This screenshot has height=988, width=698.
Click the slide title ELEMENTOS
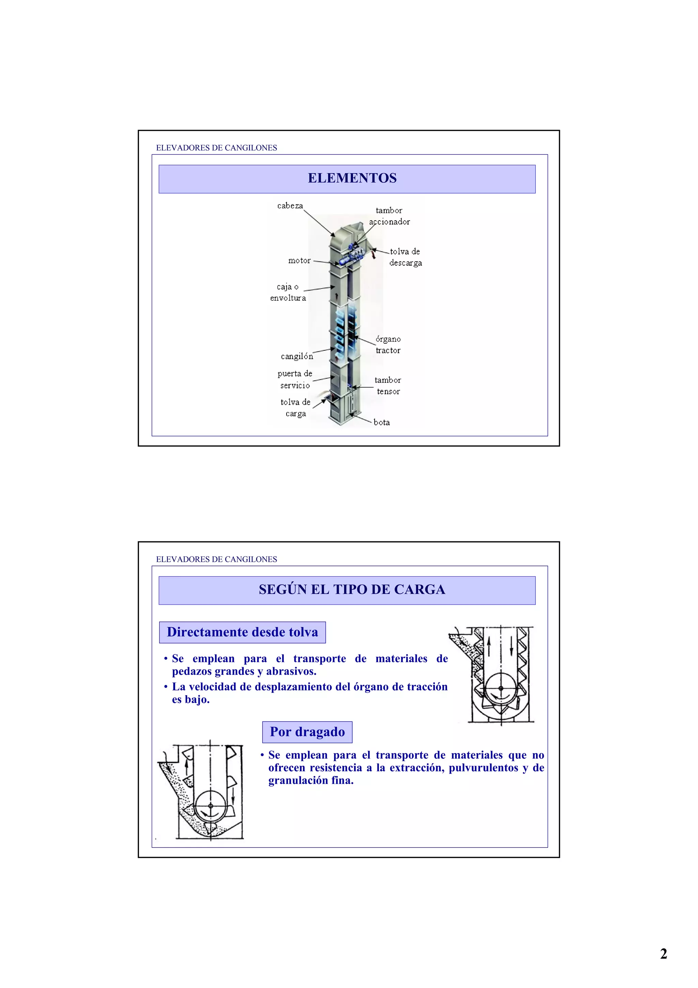[x=352, y=178]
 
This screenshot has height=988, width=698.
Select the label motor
[x=299, y=260]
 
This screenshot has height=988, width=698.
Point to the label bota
[x=381, y=422]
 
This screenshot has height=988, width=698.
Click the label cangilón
[x=297, y=356]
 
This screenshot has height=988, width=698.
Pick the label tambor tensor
[x=388, y=386]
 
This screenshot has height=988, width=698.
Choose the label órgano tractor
[x=388, y=345]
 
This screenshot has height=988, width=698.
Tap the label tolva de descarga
[x=405, y=257]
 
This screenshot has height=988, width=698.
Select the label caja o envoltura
[x=288, y=292]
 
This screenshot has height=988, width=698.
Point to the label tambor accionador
[x=389, y=216]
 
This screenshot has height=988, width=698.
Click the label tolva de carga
[x=295, y=407]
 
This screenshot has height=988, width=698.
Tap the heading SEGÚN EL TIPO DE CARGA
[x=352, y=589]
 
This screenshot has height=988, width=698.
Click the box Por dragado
[x=307, y=732]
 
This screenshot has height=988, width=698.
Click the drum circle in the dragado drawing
[x=210, y=806]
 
